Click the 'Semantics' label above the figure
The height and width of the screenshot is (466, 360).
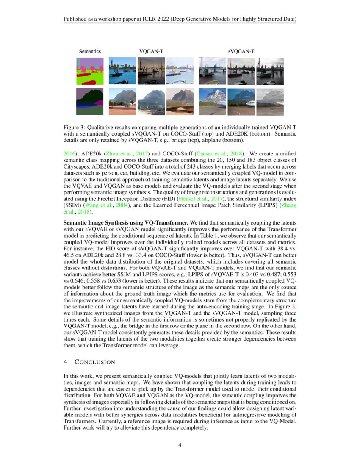click(90, 51)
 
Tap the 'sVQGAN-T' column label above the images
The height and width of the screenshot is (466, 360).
click(241, 51)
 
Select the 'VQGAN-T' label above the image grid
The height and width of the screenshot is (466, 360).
click(151, 51)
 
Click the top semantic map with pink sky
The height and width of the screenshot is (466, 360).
click(90, 71)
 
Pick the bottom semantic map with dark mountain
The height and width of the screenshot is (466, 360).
click(90, 101)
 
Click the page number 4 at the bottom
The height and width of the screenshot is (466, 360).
click(180, 445)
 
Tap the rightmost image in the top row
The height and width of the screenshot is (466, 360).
click(270, 71)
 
